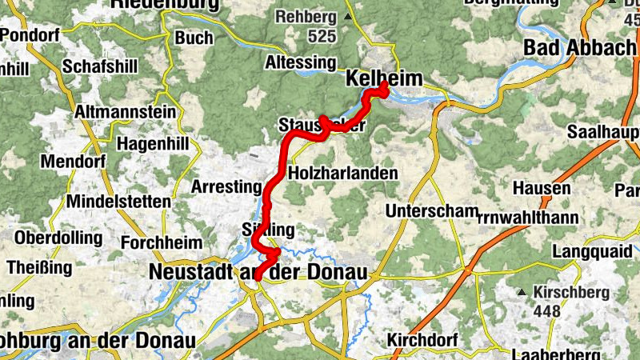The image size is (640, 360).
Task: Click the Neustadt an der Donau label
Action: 258,273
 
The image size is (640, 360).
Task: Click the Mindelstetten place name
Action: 118,201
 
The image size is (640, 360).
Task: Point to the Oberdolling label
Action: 58,238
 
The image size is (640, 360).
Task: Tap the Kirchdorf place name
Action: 421,340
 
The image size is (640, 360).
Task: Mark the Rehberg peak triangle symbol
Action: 346,17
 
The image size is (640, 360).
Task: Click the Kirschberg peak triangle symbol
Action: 522,292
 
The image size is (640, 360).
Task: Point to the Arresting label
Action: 226,187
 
